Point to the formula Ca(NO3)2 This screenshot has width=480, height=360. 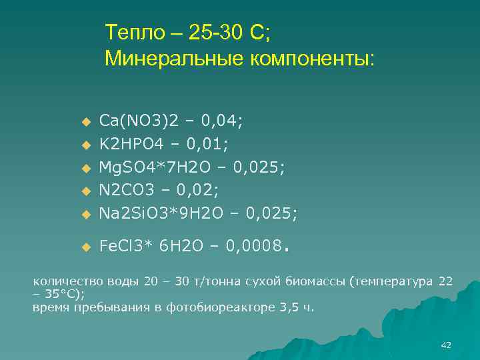point(139,121)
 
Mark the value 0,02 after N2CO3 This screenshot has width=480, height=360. point(200,190)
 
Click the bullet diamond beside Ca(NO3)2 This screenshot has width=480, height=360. point(85,122)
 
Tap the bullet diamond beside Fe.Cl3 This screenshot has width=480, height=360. point(85,247)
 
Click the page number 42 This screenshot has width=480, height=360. point(447,345)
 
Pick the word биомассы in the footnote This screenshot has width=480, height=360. point(314,281)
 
